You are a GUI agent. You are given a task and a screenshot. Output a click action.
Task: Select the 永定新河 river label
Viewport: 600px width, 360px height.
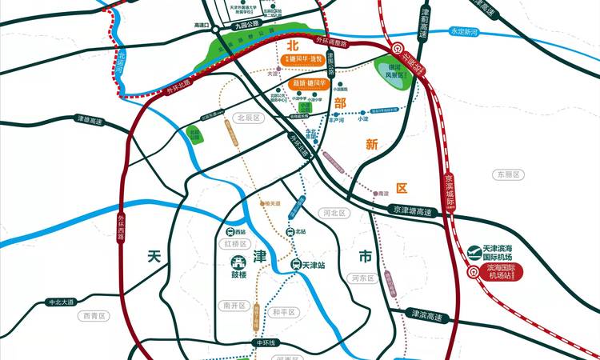click(x=468, y=31)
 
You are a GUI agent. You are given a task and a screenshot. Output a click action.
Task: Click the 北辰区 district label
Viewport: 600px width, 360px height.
click(x=248, y=118)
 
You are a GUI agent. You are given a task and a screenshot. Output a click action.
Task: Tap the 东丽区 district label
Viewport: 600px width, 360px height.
click(x=507, y=174)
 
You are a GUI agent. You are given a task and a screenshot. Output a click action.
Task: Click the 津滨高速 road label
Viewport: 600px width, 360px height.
click(x=424, y=316)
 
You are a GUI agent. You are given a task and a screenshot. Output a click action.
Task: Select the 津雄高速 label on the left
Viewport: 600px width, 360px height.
click(x=90, y=119)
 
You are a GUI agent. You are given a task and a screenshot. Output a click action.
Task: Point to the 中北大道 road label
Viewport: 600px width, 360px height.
click(x=60, y=302)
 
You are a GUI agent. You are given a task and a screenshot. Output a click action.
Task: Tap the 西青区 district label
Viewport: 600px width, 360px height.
click(x=93, y=316)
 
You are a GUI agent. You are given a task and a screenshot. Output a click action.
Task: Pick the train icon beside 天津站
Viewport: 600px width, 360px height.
click(x=295, y=265)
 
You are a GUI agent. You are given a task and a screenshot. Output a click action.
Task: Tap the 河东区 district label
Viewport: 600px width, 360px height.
click(x=364, y=278)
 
